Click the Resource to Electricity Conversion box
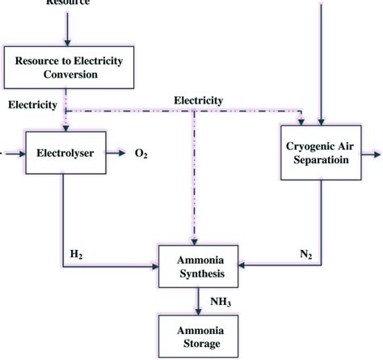[x=65, y=67]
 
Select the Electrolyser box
[x=63, y=151]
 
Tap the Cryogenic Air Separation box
[x=321, y=151]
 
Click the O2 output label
[x=140, y=152]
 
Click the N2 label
[x=305, y=254]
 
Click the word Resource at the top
[x=66, y=3]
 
